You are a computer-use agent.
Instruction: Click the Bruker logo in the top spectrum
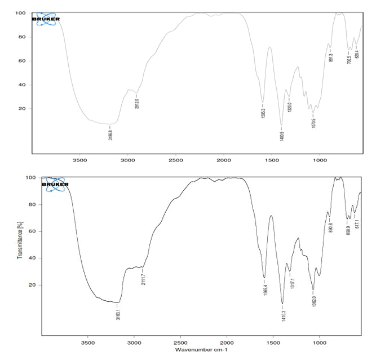pyautogui.click(x=46, y=19)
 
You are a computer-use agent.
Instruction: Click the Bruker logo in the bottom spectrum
pyautogui.click(x=54, y=184)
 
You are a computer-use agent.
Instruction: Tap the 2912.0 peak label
pyautogui.click(x=136, y=103)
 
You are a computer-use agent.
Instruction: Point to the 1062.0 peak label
pyautogui.click(x=313, y=300)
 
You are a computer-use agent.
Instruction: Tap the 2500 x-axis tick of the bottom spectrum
pyautogui.click(x=180, y=342)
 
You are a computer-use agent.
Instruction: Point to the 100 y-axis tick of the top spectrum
pyautogui.click(x=21, y=13)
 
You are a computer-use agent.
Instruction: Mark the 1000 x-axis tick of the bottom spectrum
pyautogui.click(x=319, y=342)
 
